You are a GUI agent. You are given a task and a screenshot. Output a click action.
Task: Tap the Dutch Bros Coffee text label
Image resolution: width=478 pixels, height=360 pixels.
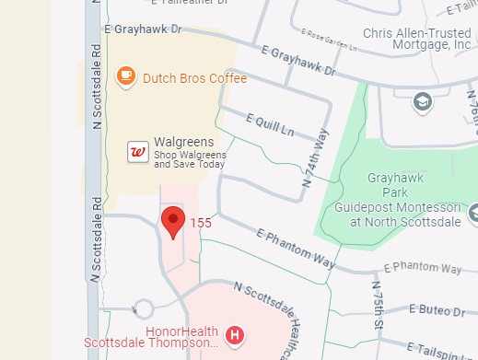(x=194, y=79)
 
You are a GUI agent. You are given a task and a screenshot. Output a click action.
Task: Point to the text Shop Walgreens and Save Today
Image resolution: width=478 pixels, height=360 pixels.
(x=189, y=159)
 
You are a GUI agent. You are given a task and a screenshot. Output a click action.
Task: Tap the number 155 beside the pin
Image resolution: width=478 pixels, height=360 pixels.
(x=201, y=223)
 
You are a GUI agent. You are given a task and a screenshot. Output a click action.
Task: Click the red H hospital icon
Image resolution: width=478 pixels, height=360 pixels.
(x=235, y=334)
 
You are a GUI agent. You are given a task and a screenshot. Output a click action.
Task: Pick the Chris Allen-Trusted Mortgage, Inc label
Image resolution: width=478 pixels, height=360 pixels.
(x=417, y=38)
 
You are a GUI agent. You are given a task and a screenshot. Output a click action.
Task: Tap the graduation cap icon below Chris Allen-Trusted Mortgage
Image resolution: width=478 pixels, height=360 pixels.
(x=423, y=100)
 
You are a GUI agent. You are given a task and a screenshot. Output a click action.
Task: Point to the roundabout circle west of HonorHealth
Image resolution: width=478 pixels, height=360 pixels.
(x=143, y=308)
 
